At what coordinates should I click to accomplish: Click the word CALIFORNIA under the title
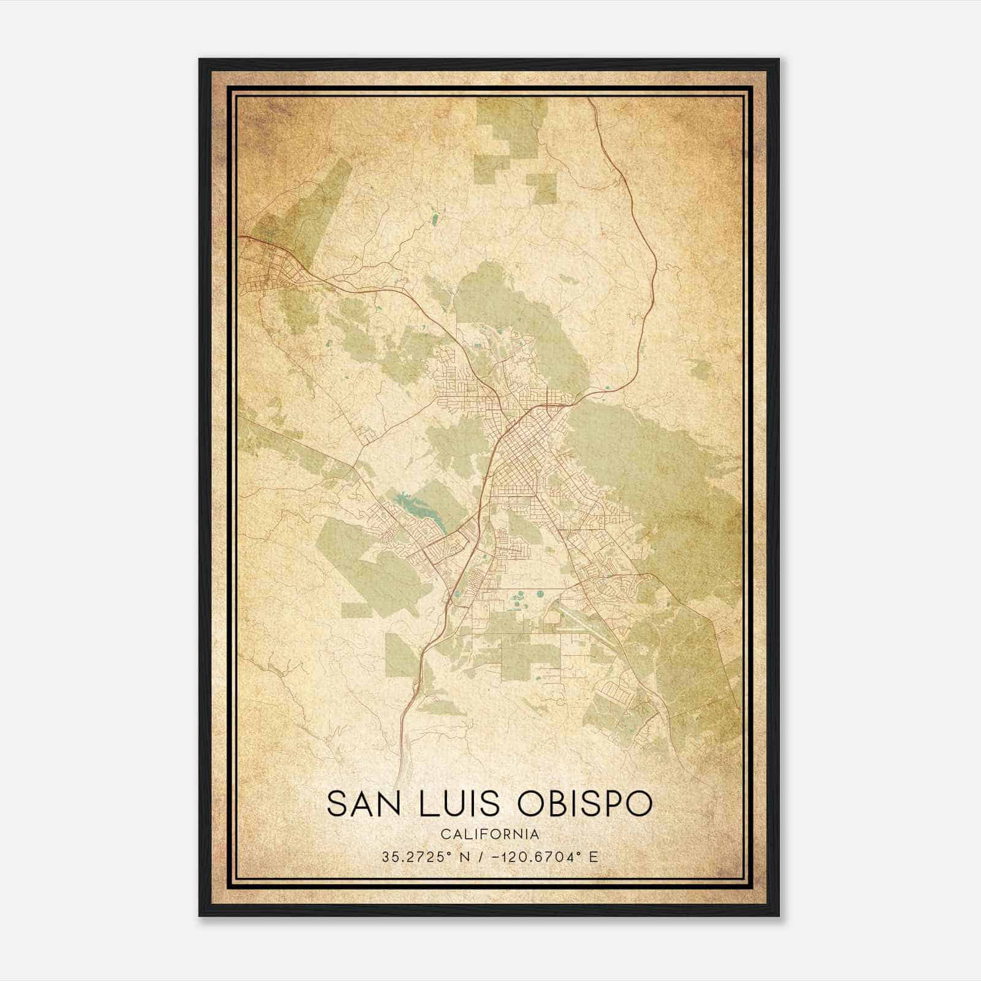(489, 834)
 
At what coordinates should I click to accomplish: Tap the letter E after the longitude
(593, 857)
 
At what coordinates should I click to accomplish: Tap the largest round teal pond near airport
(541, 594)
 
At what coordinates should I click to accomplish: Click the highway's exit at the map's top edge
(590, 100)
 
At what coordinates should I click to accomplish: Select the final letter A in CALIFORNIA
(536, 834)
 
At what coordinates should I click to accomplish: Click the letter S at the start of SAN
(336, 803)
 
